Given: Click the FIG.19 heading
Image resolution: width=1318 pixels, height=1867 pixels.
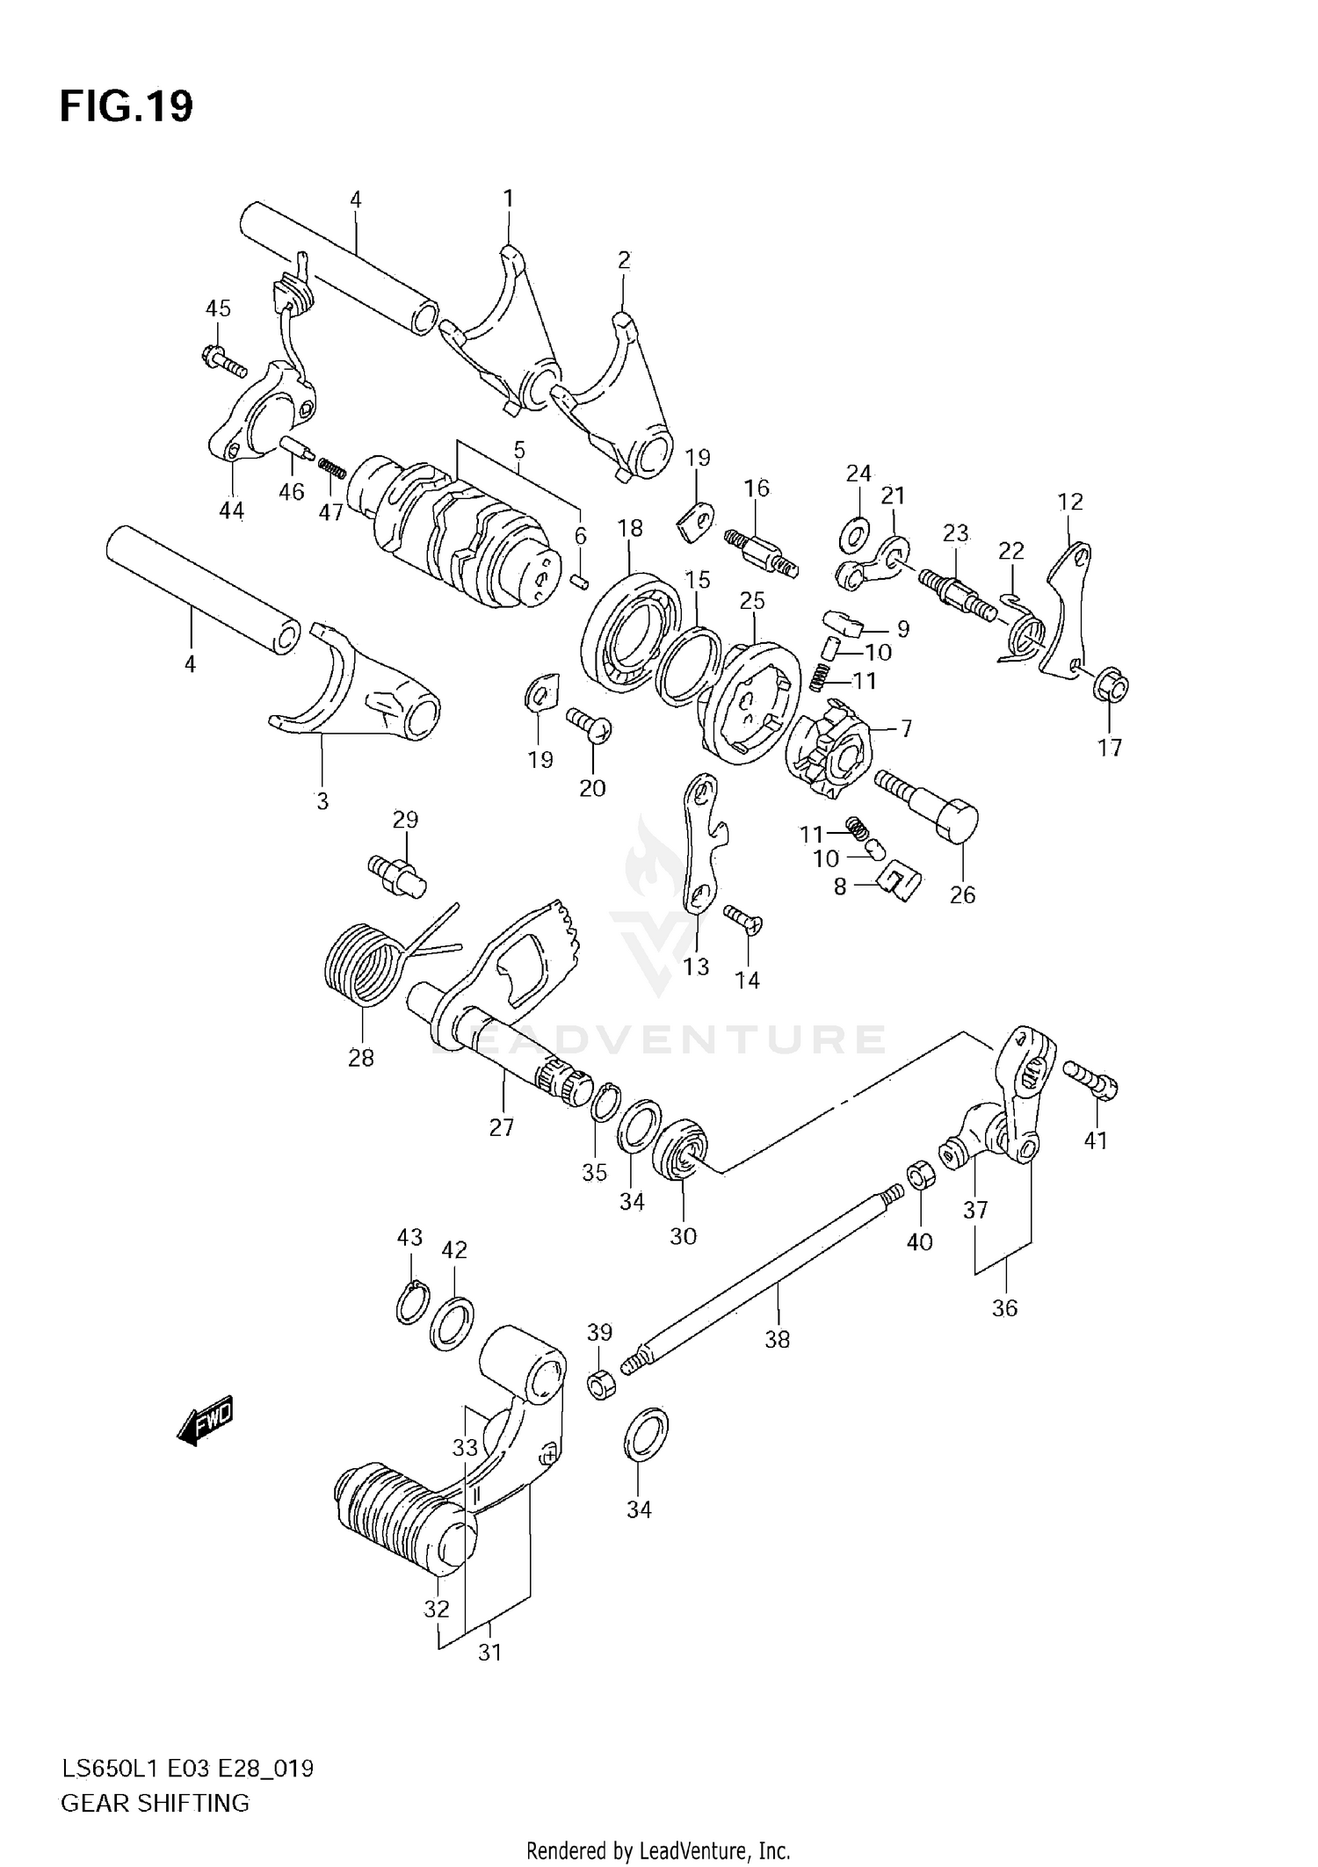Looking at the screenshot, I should tap(127, 107).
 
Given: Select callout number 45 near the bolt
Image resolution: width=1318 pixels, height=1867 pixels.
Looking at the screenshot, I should tap(218, 308).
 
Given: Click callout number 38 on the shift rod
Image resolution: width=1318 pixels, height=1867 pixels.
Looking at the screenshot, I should tap(777, 1340).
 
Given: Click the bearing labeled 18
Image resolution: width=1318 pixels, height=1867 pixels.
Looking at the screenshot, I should tap(631, 629).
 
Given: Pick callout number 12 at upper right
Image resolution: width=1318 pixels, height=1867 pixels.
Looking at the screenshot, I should tap(1070, 503).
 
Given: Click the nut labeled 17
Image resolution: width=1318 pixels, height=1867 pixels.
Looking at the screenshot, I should tap(1111, 686).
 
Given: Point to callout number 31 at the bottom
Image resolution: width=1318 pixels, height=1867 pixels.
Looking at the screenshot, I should tap(489, 1652).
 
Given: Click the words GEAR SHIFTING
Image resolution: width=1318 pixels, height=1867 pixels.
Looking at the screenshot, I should tap(155, 1803).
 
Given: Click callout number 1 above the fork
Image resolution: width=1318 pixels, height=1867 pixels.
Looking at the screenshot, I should tap(508, 199).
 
